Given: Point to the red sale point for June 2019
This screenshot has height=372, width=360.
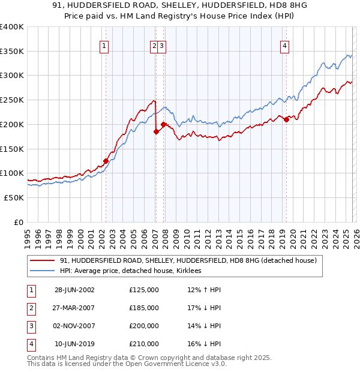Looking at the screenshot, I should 286,119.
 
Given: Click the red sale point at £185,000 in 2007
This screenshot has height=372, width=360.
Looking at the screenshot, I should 156,131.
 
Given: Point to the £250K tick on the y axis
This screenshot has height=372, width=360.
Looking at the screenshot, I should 12,100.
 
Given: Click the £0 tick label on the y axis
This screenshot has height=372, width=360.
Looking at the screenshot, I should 19,222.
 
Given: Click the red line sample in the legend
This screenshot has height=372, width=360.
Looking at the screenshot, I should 43,261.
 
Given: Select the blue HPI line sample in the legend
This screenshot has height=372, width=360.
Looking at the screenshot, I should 43,271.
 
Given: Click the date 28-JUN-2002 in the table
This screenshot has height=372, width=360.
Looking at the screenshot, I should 74,290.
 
